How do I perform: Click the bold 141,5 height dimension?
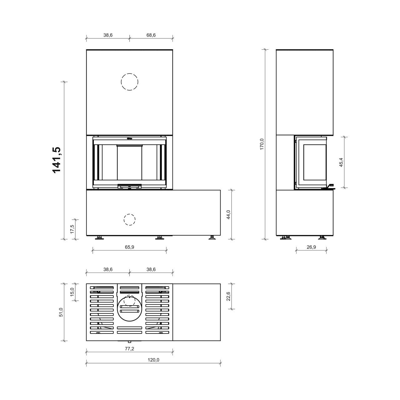[56, 160]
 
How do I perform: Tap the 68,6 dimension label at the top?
[151, 35]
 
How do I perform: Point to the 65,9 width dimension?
[129, 247]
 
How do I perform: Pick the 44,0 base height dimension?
[228, 215]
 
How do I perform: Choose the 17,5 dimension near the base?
[72, 229]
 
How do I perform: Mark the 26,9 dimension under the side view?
[311, 247]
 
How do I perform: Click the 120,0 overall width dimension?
[153, 360]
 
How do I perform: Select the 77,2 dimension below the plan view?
[129, 349]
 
